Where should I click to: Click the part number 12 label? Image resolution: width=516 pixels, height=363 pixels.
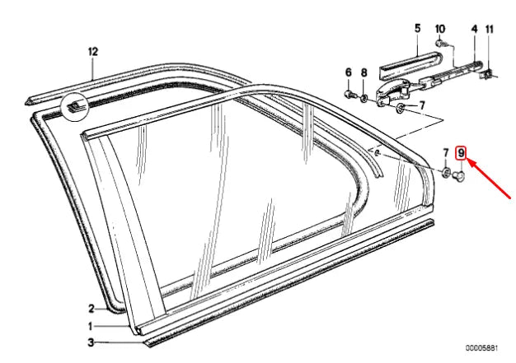(x=93, y=52)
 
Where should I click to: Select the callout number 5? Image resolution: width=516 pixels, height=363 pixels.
(x=417, y=28)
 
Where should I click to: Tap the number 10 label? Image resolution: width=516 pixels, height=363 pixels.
(x=440, y=29)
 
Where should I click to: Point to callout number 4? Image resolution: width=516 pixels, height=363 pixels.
(x=474, y=29)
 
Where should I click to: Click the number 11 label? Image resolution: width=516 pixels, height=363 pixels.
(x=490, y=30)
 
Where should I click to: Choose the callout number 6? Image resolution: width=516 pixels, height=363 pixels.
(x=349, y=72)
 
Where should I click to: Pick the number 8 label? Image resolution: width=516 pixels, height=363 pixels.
(x=364, y=72)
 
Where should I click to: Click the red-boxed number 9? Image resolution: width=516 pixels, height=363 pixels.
(x=461, y=153)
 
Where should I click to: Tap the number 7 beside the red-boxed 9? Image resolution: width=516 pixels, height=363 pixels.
(x=446, y=153)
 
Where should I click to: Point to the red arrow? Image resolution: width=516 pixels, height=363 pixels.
(x=489, y=179)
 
